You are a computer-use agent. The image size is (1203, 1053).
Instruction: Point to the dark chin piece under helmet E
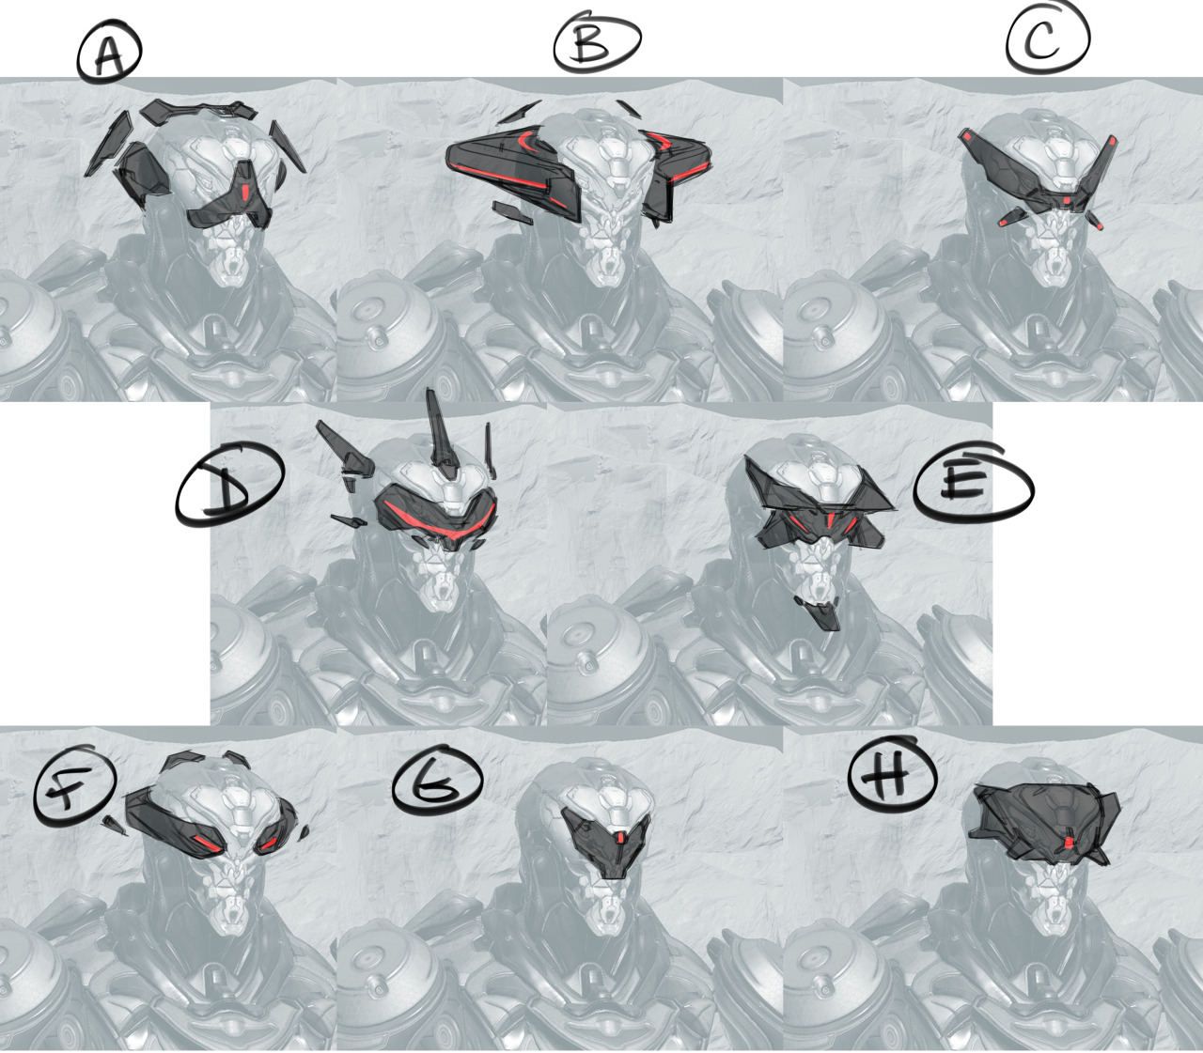[820, 612]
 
